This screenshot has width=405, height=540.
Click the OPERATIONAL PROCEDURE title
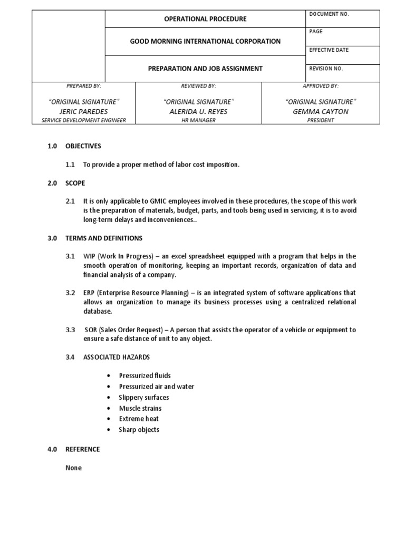click(206, 19)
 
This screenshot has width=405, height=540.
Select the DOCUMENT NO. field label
click(330, 14)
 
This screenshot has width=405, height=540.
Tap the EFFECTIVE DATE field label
click(329, 50)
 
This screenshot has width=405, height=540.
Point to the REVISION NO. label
click(326, 69)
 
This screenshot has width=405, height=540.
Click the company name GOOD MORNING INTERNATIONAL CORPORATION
click(206, 41)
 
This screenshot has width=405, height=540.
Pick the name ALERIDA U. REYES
click(198, 111)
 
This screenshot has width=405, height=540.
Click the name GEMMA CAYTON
click(321, 111)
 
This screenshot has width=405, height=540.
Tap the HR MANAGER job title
click(198, 120)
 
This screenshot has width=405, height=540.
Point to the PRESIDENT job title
click(321, 120)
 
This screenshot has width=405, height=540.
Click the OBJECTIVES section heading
click(83, 146)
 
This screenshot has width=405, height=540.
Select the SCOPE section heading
click(74, 183)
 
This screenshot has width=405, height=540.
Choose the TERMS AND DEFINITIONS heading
click(103, 238)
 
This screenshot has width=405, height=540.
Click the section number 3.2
click(70, 293)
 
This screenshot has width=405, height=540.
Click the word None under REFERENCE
click(73, 468)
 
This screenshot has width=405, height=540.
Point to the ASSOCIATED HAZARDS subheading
click(116, 357)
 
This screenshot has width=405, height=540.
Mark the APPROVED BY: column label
click(321, 85)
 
